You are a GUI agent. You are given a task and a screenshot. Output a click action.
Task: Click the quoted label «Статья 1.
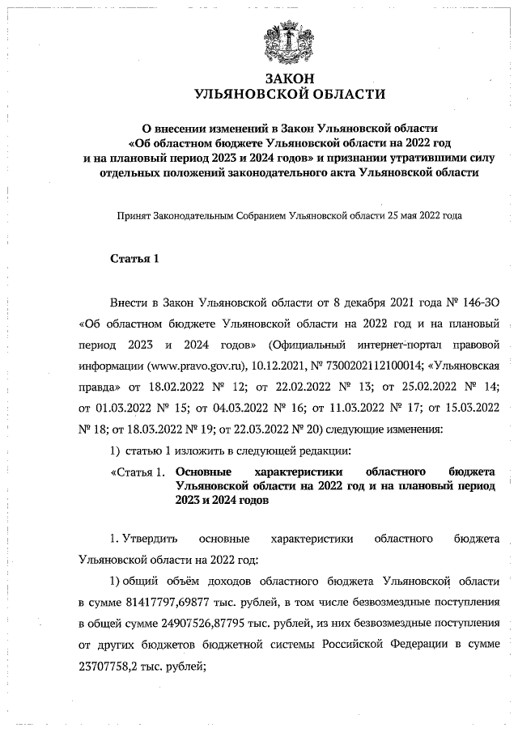[138, 472]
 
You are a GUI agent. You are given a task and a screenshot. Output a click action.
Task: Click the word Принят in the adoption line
[134, 217]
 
